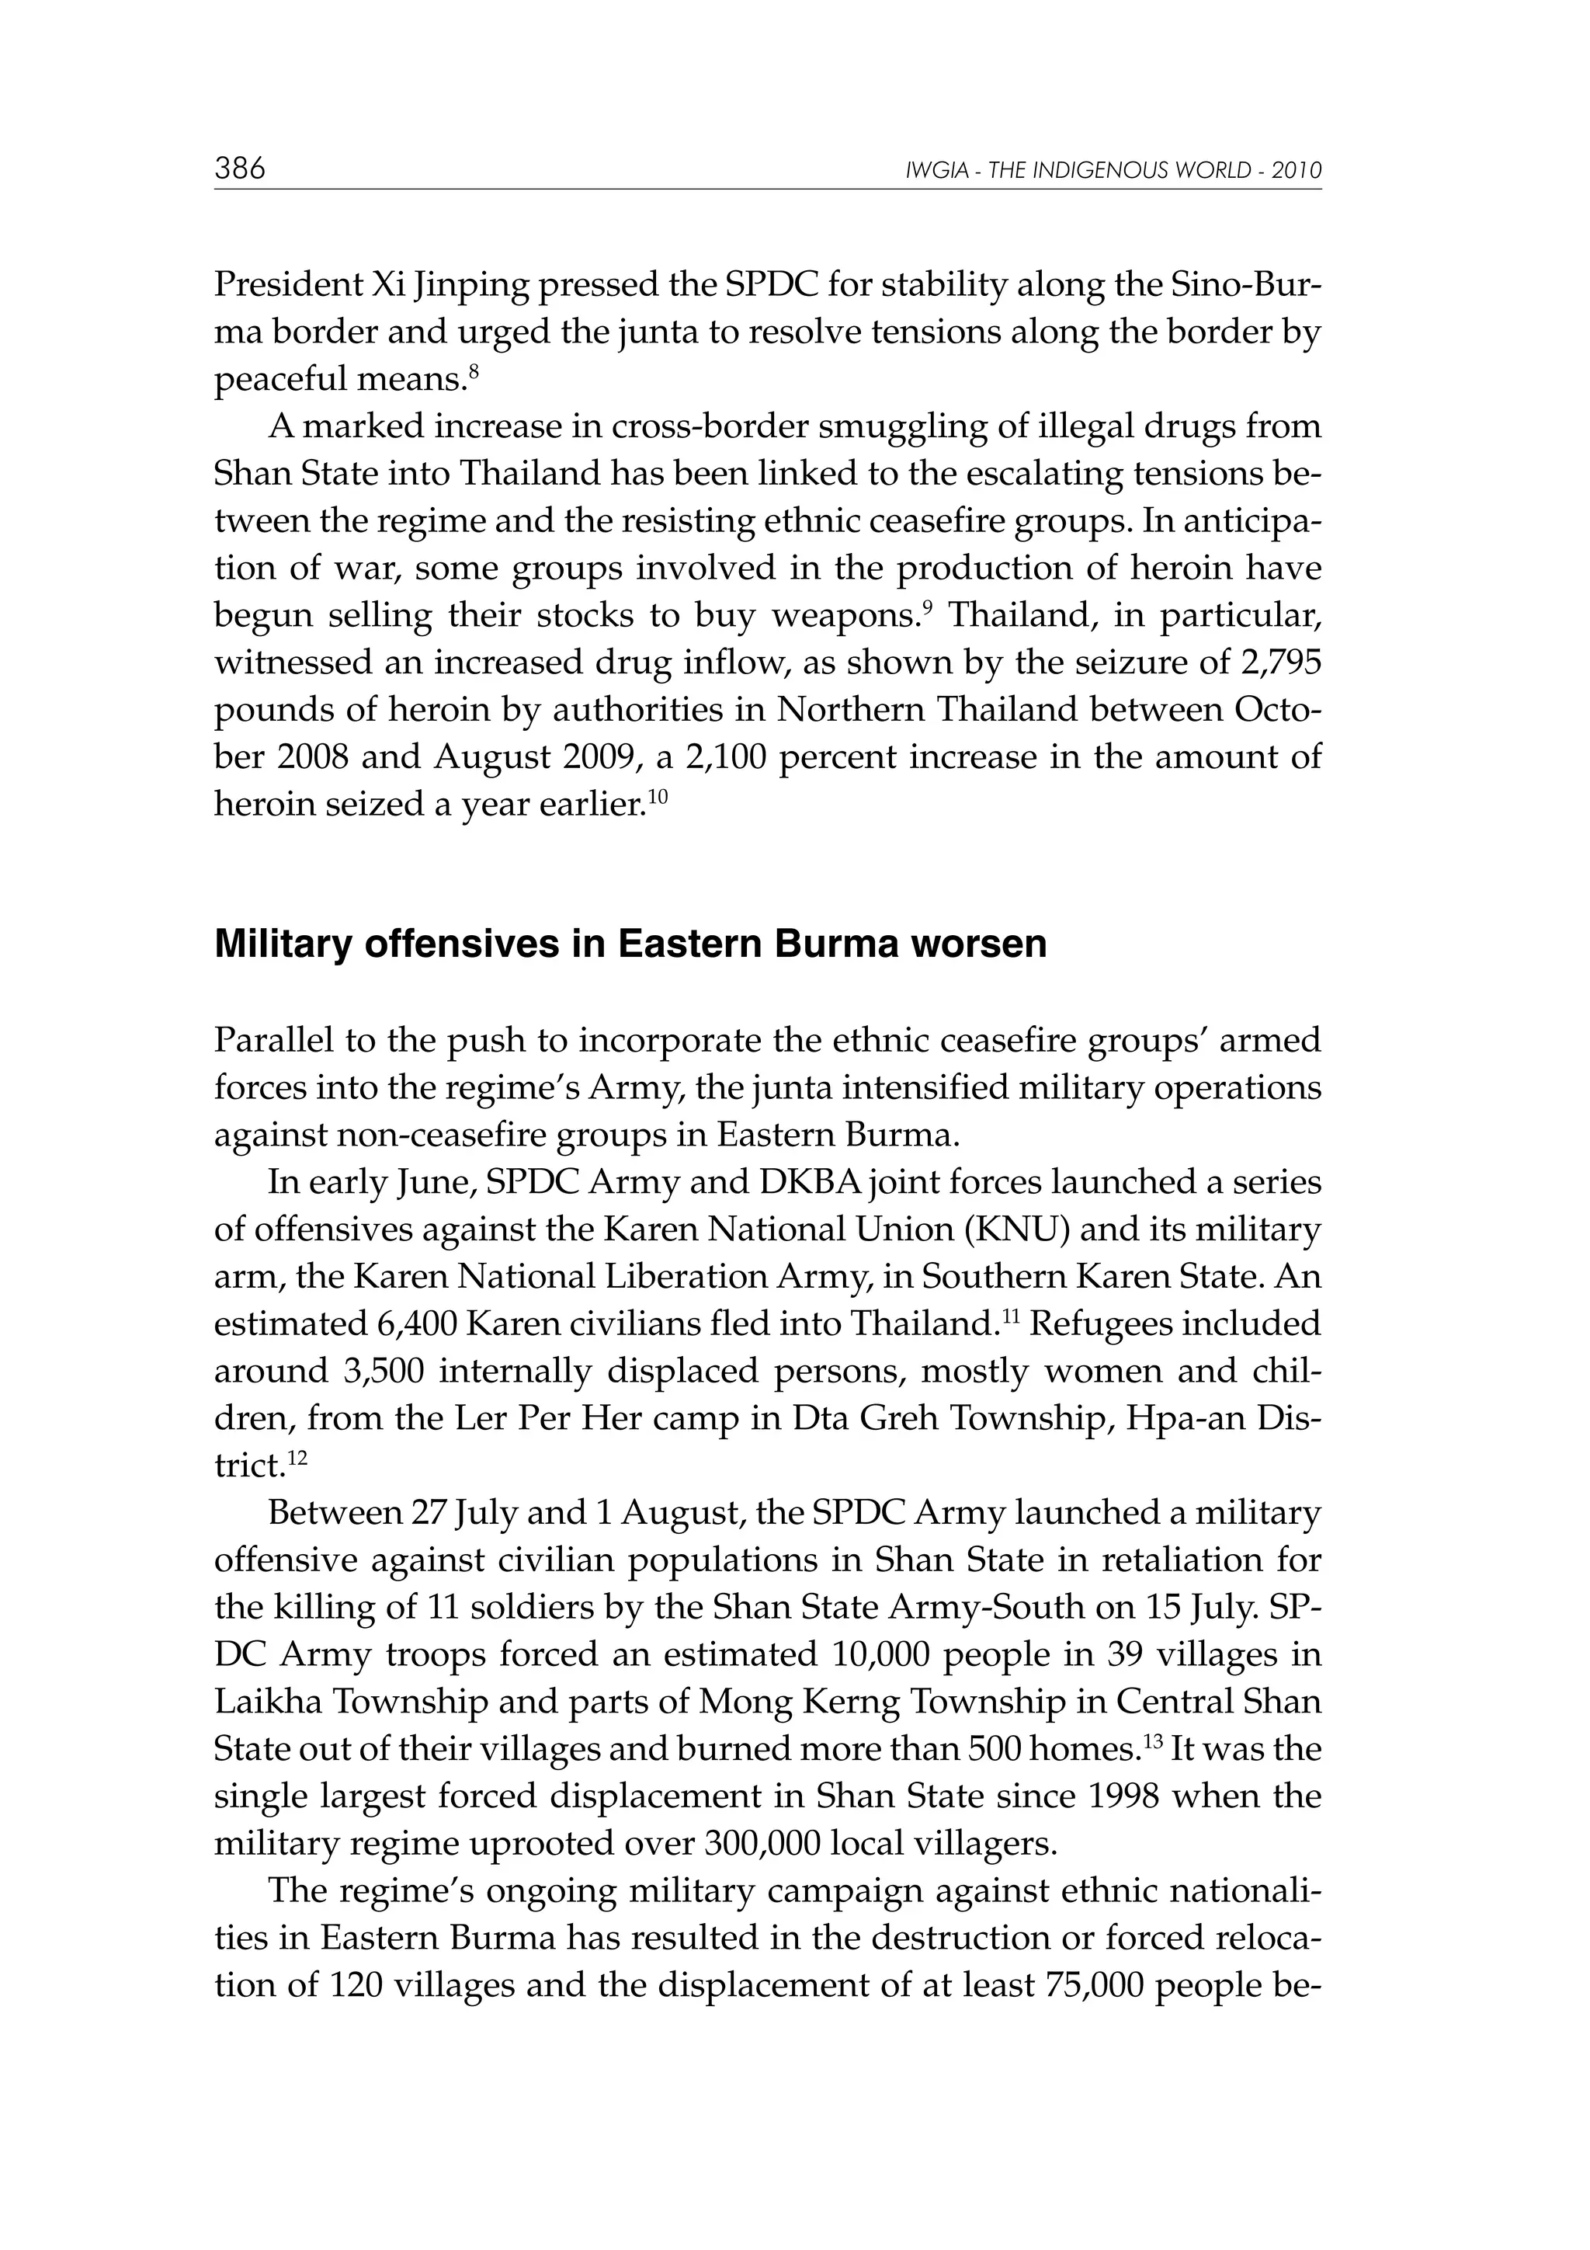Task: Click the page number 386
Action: (x=240, y=169)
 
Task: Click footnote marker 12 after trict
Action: (x=298, y=1458)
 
